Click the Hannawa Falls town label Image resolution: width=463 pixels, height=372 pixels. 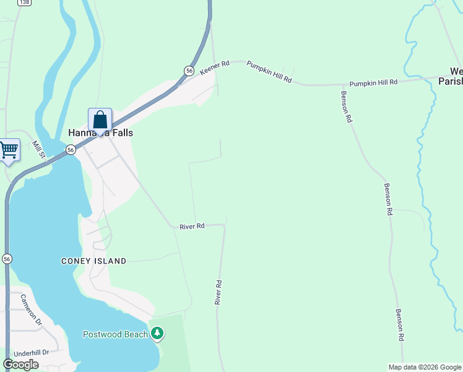coord(100,133)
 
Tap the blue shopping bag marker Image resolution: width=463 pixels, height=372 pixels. coord(100,120)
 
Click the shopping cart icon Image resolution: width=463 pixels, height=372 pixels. coord(8,150)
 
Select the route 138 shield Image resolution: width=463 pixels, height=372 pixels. coord(24,2)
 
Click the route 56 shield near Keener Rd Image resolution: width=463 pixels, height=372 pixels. coord(189,71)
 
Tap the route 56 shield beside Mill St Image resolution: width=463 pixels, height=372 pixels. coord(71,149)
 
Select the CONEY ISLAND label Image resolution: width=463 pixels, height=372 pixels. coord(93,261)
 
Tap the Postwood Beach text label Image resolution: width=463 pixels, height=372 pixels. coord(116,334)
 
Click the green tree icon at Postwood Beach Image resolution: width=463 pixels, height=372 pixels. coord(157,334)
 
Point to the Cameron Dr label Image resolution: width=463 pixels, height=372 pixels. coord(30,309)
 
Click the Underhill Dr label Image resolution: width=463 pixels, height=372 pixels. coord(31,353)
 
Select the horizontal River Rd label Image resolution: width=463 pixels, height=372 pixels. coord(192,226)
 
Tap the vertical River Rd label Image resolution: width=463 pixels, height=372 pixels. coord(218,291)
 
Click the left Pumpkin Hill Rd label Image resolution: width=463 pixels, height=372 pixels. coord(269,73)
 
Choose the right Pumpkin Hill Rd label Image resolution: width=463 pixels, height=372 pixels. coord(373,82)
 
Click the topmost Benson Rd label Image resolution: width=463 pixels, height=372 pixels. coord(347,107)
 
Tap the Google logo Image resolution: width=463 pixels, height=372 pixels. coord(20,365)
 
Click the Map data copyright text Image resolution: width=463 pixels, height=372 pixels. coord(424,367)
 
